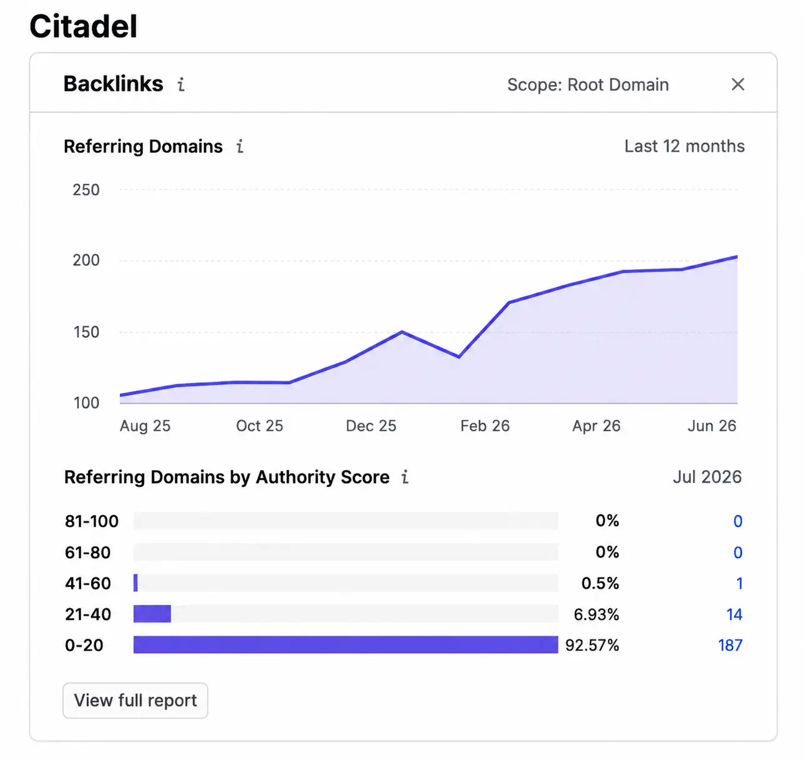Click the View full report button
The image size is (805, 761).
pyautogui.click(x=135, y=700)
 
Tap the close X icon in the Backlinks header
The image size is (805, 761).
pyautogui.click(x=738, y=84)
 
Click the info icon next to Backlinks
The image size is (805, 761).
pyautogui.click(x=181, y=84)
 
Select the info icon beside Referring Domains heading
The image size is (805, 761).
pyautogui.click(x=240, y=146)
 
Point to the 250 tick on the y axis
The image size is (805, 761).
pyautogui.click(x=86, y=190)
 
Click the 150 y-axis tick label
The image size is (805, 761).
pyautogui.click(x=86, y=332)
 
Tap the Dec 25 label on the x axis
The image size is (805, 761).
pyautogui.click(x=371, y=426)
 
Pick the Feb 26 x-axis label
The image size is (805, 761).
pyautogui.click(x=485, y=426)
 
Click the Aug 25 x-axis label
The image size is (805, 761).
pyautogui.click(x=145, y=426)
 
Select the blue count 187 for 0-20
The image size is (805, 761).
pyautogui.click(x=730, y=645)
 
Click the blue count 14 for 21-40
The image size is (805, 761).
pyautogui.click(x=734, y=614)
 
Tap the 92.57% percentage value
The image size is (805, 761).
pyautogui.click(x=592, y=645)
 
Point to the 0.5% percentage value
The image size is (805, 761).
pyautogui.click(x=600, y=583)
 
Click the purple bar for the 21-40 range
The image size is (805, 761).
pyautogui.click(x=152, y=614)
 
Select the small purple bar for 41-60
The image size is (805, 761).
pyautogui.click(x=135, y=583)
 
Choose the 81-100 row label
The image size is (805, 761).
pyautogui.click(x=92, y=521)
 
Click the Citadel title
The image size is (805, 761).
pyautogui.click(x=84, y=26)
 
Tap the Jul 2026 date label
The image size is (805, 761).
pyautogui.click(x=707, y=477)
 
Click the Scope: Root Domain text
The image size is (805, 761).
pyautogui.click(x=588, y=85)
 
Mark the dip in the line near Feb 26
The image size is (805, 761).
pyautogui.click(x=459, y=357)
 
